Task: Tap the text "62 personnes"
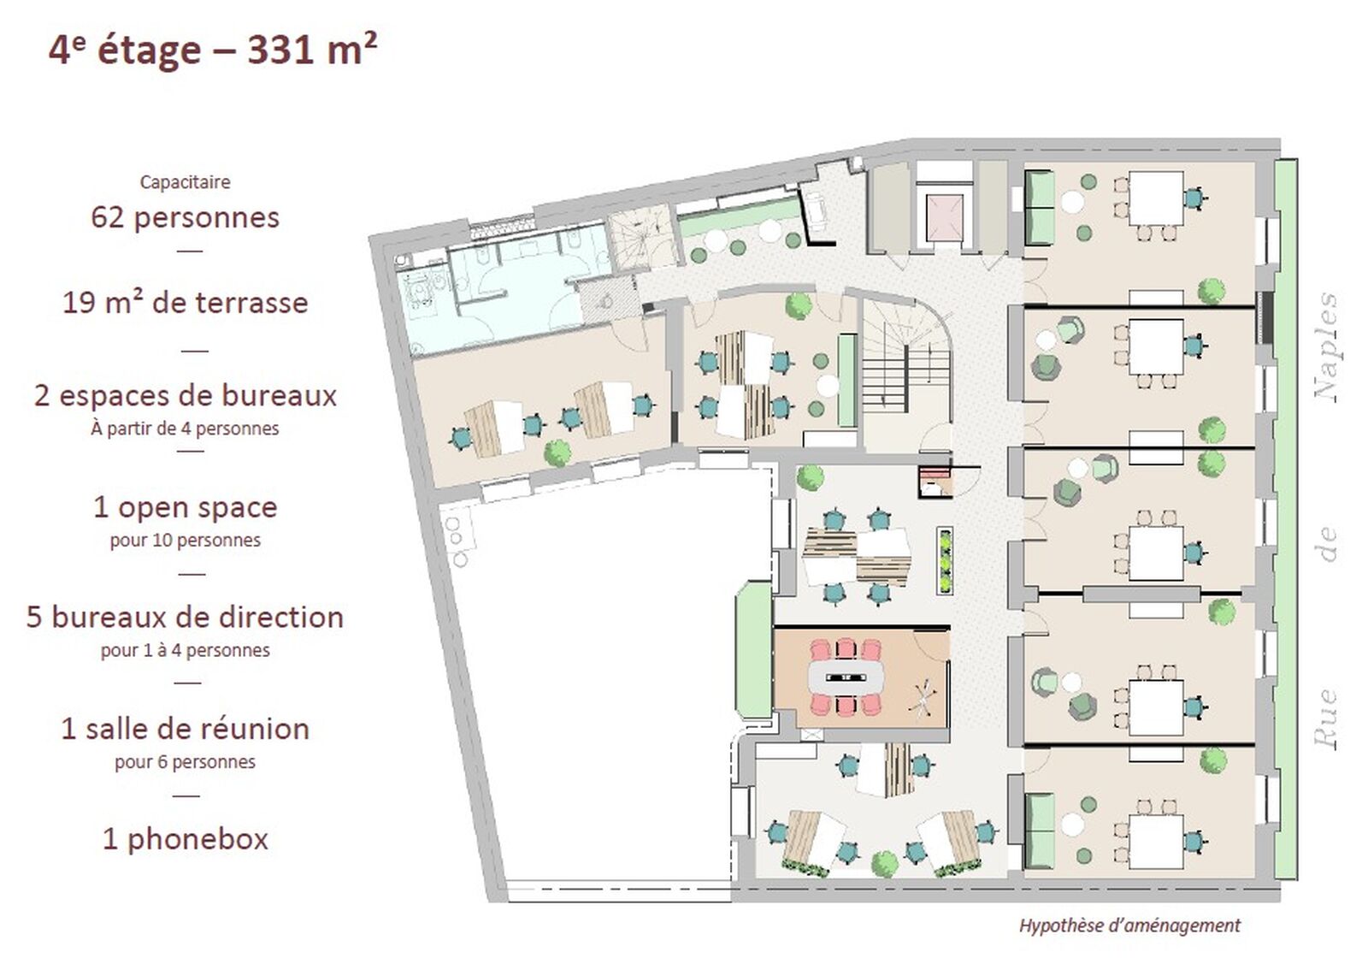185,218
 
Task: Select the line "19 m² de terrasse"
185,303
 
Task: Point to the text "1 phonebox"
185,839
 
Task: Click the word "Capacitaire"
185,182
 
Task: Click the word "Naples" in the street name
1326,347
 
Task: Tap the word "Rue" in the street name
1326,719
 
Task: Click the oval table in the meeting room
846,677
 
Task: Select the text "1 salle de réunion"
185,729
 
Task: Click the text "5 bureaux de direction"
185,617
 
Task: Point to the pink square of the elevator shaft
944,219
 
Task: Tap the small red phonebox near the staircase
935,482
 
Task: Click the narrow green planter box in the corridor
945,561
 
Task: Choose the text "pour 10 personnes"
185,541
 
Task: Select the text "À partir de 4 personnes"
185,429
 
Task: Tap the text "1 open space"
185,507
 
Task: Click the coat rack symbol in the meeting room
925,696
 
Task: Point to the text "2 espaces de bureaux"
185,395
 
